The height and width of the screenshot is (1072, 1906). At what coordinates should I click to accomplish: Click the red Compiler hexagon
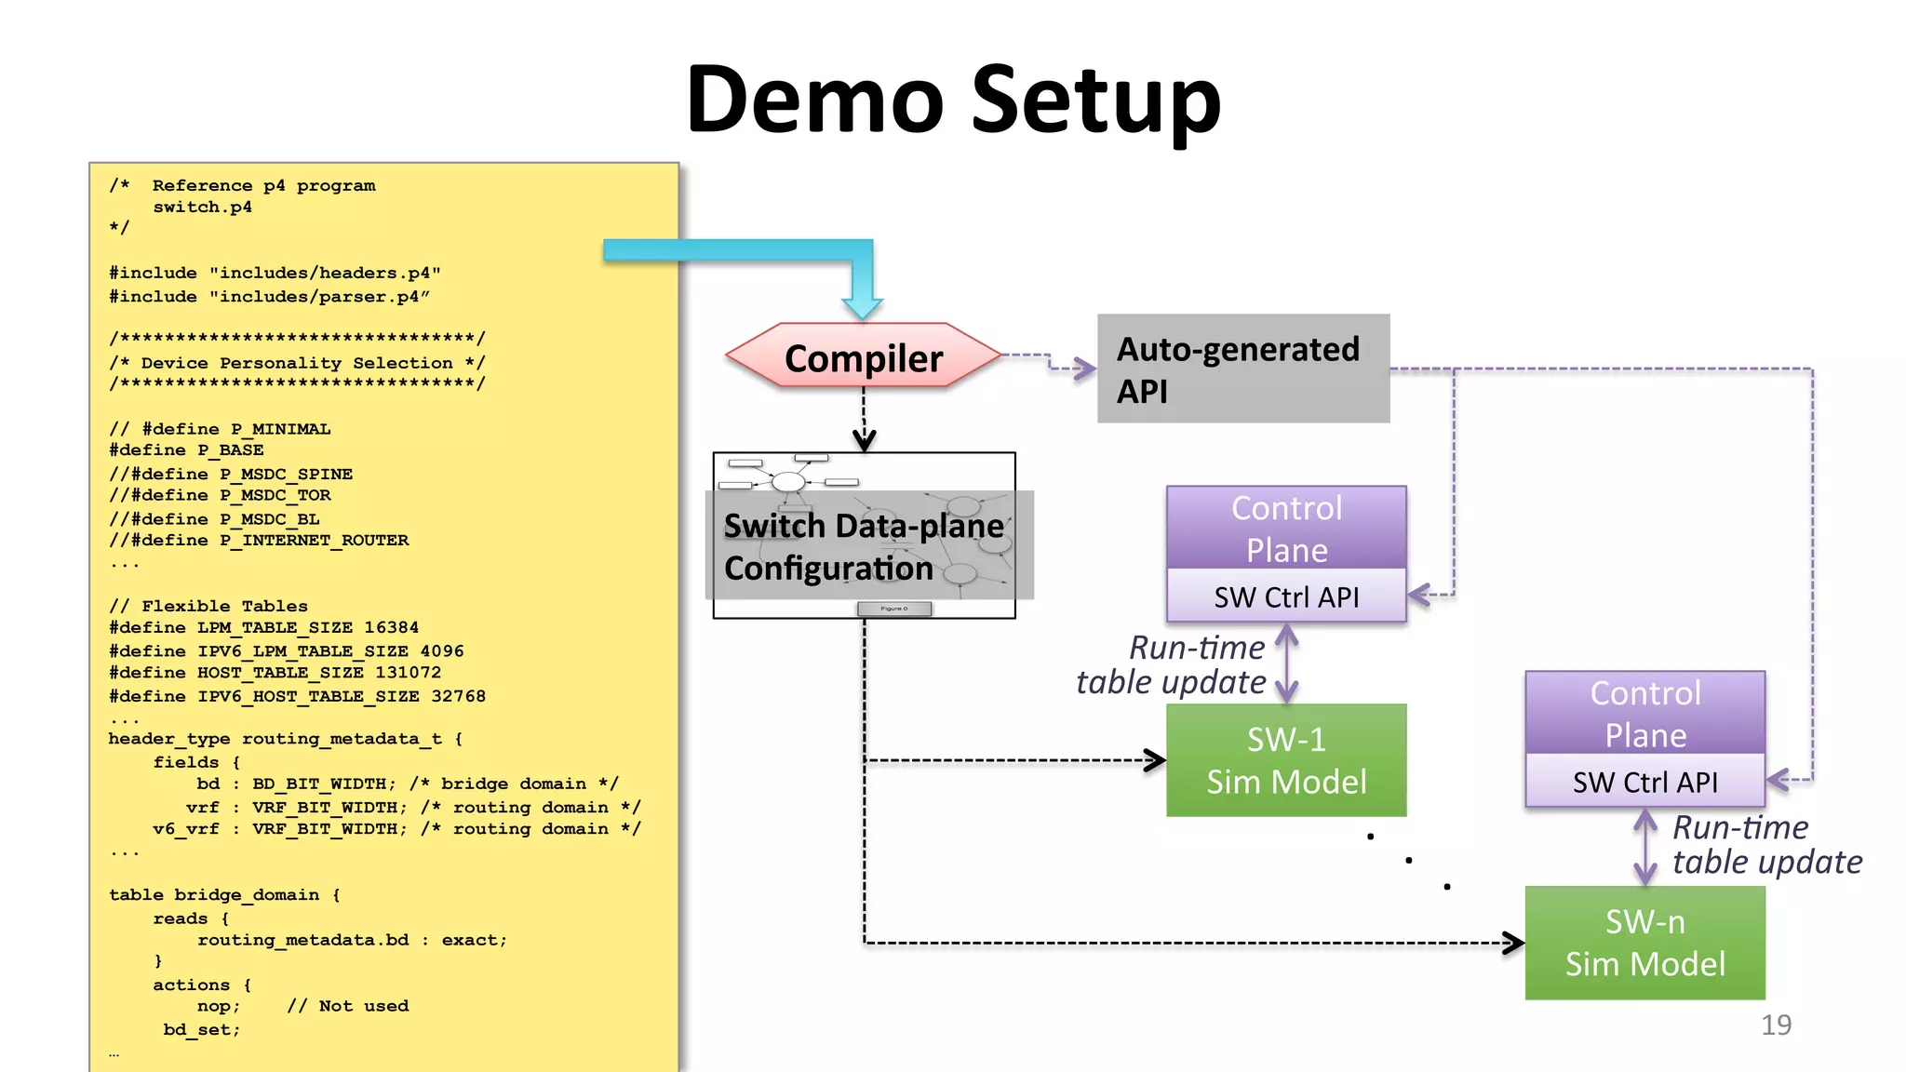[x=863, y=357]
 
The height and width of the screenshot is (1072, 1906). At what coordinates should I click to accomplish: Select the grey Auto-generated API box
[x=1242, y=369]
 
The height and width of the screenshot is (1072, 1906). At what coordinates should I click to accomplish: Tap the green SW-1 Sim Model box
[x=1286, y=760]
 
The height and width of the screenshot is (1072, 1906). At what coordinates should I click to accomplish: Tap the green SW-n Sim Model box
[x=1644, y=943]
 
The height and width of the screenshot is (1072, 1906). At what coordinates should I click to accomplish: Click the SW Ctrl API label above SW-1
[x=1286, y=596]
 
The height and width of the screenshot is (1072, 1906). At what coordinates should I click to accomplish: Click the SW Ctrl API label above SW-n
[x=1644, y=782]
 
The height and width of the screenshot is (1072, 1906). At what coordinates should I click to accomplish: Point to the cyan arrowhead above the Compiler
[x=862, y=306]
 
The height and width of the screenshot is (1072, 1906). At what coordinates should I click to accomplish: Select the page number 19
[x=1776, y=1025]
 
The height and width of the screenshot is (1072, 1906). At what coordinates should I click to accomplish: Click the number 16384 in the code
[x=391, y=627]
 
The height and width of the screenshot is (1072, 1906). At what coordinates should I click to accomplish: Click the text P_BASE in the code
[x=230, y=450]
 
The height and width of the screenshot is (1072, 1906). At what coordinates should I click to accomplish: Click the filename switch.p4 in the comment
[x=202, y=207]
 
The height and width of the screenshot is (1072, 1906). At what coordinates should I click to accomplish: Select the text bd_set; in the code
[x=202, y=1029]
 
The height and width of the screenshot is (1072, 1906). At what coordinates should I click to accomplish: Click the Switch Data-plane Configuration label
[x=863, y=547]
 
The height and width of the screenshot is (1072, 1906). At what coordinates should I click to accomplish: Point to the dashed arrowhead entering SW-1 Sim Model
[x=1156, y=760]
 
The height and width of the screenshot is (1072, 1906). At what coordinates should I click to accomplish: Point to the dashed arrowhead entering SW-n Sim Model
[x=1514, y=943]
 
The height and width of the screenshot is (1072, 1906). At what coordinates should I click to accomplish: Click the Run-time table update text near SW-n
[x=1765, y=844]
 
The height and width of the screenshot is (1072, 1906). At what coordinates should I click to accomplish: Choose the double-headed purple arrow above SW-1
[x=1286, y=663]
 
